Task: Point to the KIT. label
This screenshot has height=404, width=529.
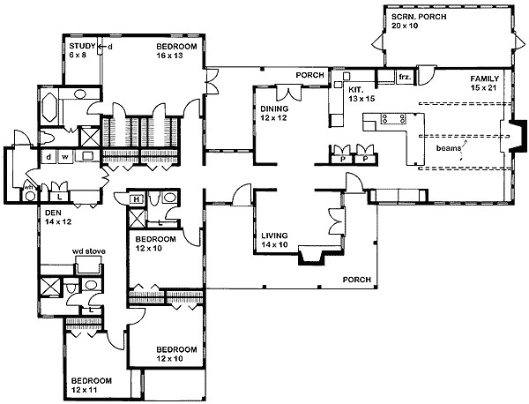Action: pyautogui.click(x=356, y=90)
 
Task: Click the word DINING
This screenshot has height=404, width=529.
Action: pyautogui.click(x=273, y=109)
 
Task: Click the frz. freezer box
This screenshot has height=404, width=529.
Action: pyautogui.click(x=405, y=79)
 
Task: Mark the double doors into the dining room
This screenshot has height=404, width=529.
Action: pyautogui.click(x=285, y=93)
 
